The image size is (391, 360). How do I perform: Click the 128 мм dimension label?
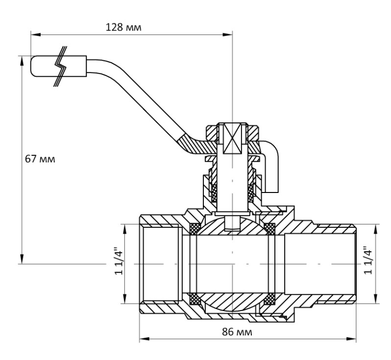pyautogui.click(x=123, y=27)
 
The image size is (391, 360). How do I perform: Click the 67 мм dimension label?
pyautogui.click(x=40, y=159)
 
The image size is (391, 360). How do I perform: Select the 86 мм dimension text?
pyautogui.click(x=237, y=332)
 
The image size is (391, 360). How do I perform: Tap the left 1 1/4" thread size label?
pyautogui.click(x=119, y=261)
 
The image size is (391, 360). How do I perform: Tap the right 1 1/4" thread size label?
pyautogui.click(x=368, y=261)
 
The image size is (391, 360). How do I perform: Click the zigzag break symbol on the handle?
pyautogui.click(x=61, y=66)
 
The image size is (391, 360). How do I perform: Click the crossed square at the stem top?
pyautogui.click(x=232, y=138)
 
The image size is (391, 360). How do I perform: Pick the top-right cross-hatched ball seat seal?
pyautogui.click(x=269, y=229)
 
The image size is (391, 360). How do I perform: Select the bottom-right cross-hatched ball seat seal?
pyautogui.click(x=269, y=299)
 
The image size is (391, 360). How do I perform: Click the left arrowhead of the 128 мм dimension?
pyautogui.click(x=35, y=34)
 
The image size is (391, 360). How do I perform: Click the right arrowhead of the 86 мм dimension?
pyautogui.click(x=351, y=338)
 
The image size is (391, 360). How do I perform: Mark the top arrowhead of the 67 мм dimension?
pyautogui.click(x=22, y=61)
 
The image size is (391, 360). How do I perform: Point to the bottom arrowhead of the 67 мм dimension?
pyautogui.click(x=22, y=259)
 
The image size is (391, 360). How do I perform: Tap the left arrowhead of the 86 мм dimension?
pyautogui.click(x=145, y=338)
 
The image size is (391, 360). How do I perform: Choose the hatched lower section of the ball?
pyautogui.click(x=232, y=302)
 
